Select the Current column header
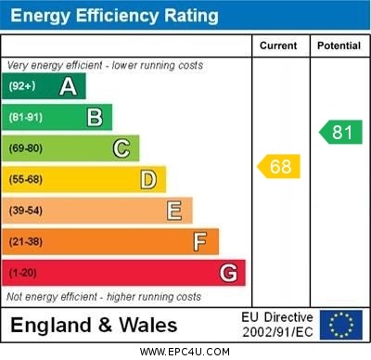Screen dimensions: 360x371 pyautogui.click(x=278, y=45)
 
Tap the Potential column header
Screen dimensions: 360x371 pyautogui.click(x=339, y=45)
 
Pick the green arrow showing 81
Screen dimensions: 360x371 pyautogui.click(x=340, y=132)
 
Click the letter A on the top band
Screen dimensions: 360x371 pyautogui.click(x=68, y=86)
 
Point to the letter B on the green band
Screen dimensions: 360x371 pyautogui.click(x=95, y=117)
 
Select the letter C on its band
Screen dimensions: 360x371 pyautogui.click(x=122, y=148)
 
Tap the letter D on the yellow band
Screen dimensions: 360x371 pyautogui.click(x=148, y=179)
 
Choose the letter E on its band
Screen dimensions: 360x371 pyautogui.click(x=174, y=211)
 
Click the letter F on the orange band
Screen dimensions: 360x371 pyautogui.click(x=200, y=242)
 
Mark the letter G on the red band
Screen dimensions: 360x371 pyautogui.click(x=228, y=274)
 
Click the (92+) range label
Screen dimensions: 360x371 pyautogui.click(x=22, y=86)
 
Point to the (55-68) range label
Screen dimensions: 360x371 pyautogui.click(x=27, y=180)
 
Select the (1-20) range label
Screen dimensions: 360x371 pyautogui.click(x=23, y=274)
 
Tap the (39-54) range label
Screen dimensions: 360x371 pyautogui.click(x=27, y=211)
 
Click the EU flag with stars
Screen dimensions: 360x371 pyautogui.click(x=341, y=325)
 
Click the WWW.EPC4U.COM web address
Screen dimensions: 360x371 pyautogui.click(x=185, y=352)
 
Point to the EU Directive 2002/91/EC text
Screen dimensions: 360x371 pyautogui.click(x=277, y=325)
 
